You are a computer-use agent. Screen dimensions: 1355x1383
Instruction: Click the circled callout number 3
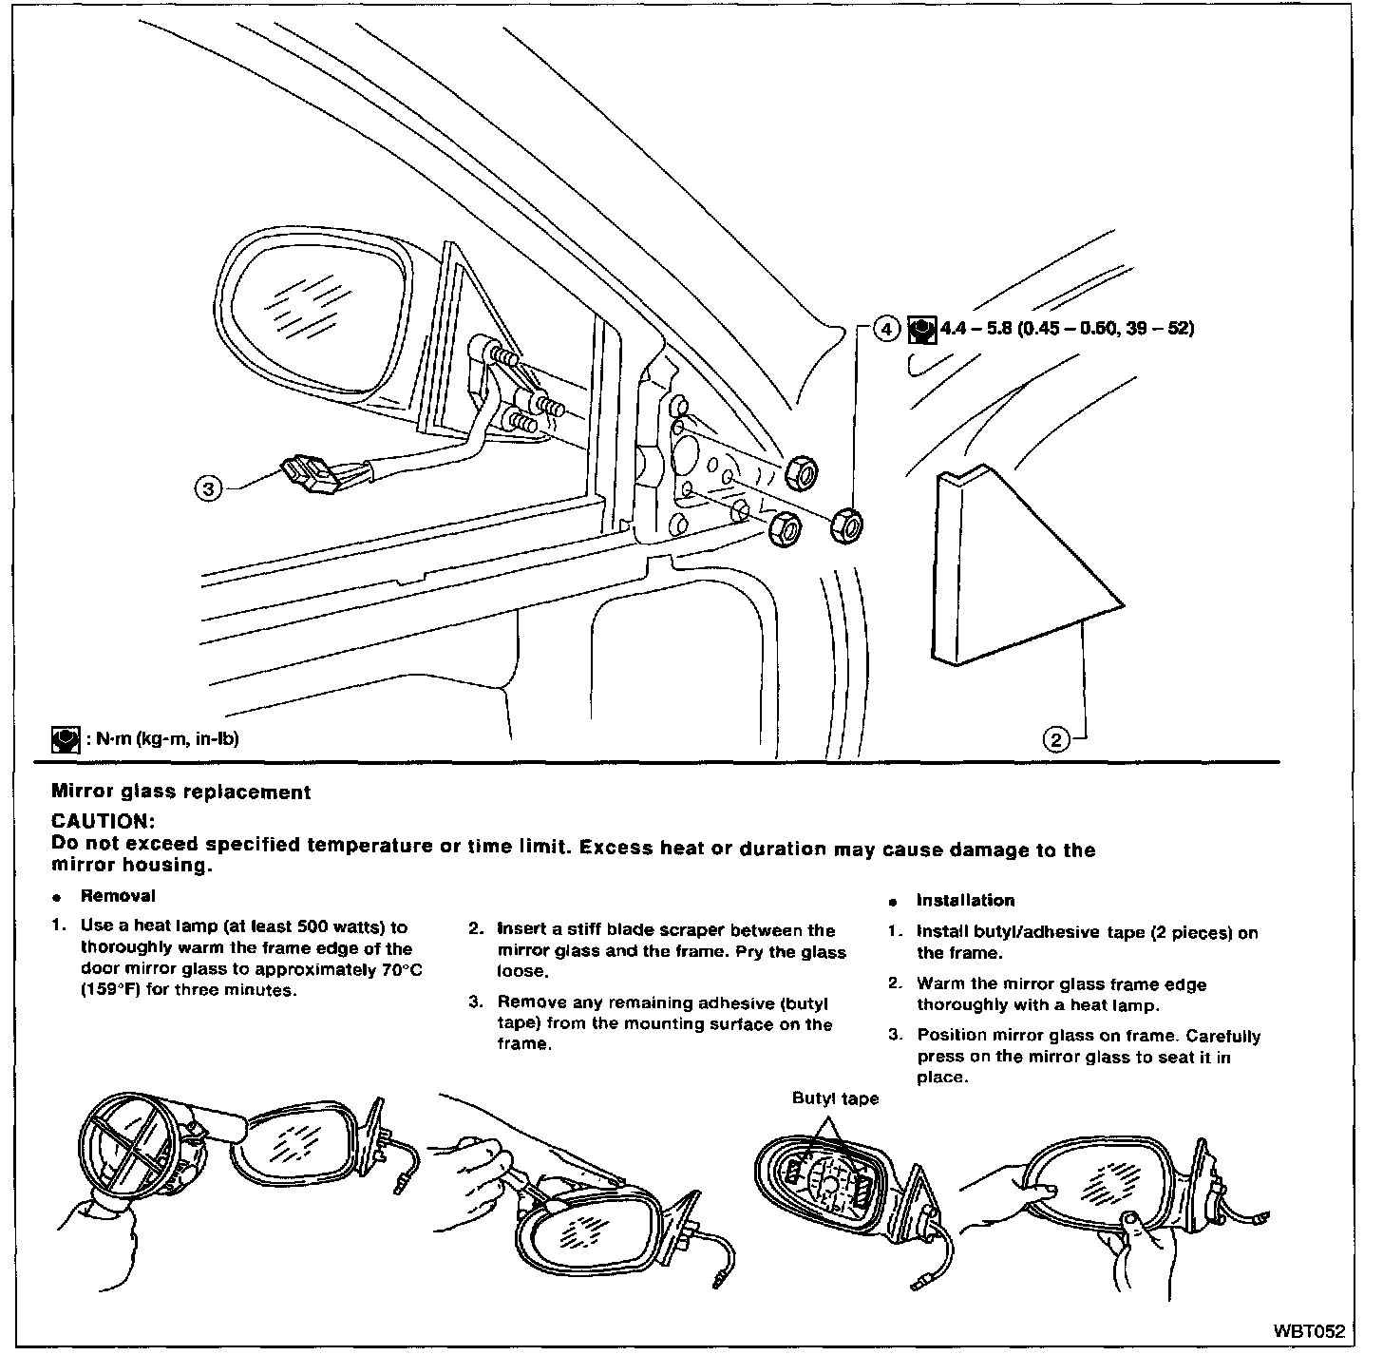tap(208, 488)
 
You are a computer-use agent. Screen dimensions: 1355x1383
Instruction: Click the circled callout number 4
tap(884, 329)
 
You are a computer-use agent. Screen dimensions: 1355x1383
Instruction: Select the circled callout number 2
tap(1056, 738)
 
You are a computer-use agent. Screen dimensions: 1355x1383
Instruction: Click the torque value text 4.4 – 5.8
tap(974, 329)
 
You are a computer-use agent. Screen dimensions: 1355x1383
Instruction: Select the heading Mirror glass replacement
tap(180, 792)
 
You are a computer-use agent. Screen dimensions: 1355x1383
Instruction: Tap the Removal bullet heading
tap(118, 895)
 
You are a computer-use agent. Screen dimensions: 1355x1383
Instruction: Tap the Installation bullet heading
tap(965, 900)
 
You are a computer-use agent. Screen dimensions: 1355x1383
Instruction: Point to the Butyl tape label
tap(836, 1098)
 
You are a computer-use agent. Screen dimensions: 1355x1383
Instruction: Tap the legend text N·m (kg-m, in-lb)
tap(167, 739)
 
